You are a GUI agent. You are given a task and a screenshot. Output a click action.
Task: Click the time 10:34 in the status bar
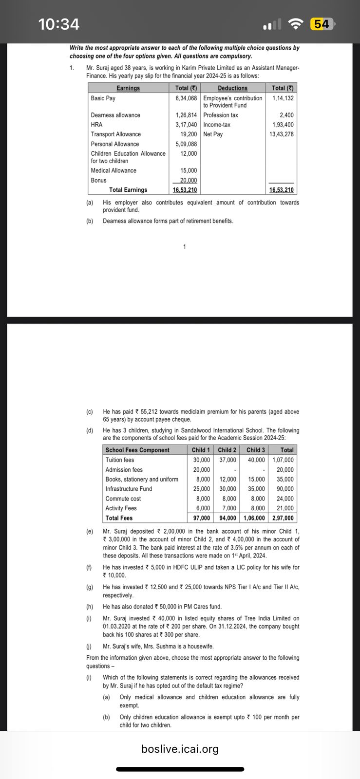(x=58, y=24)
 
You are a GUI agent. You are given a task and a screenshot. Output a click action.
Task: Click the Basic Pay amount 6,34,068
(x=186, y=98)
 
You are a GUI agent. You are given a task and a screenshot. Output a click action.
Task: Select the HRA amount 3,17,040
(x=186, y=125)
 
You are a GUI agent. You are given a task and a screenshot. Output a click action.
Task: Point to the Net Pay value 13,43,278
(x=282, y=134)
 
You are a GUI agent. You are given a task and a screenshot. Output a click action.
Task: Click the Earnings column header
(x=128, y=88)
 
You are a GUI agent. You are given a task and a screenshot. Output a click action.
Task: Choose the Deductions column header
(x=232, y=88)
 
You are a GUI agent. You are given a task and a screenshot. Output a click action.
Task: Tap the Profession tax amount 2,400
(x=286, y=115)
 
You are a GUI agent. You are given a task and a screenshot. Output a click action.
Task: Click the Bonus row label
(x=98, y=180)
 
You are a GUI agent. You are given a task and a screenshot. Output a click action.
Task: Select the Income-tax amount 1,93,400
(x=283, y=125)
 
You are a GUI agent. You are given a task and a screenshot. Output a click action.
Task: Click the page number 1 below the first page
(x=184, y=247)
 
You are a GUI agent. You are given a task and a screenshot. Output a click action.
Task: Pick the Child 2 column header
(x=227, y=450)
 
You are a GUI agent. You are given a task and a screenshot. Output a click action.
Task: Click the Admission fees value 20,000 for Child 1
(x=201, y=469)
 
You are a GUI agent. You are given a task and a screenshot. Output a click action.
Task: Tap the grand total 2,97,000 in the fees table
(x=283, y=518)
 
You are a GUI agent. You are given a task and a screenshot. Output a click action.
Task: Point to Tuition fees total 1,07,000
(x=283, y=460)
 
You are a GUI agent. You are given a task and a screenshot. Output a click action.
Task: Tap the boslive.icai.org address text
(x=180, y=749)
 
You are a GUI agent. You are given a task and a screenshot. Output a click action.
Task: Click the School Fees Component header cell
(x=137, y=450)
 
